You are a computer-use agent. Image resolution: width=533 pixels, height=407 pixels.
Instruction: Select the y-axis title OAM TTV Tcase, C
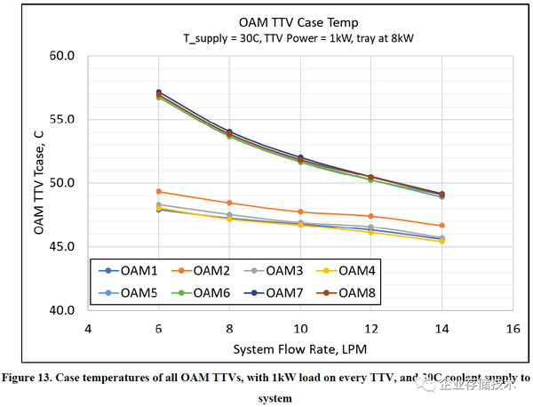tap(39, 183)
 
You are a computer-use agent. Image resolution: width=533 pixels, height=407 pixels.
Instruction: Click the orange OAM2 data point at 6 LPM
tap(158, 191)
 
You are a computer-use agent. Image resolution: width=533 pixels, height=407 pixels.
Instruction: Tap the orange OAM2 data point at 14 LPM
tap(442, 226)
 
